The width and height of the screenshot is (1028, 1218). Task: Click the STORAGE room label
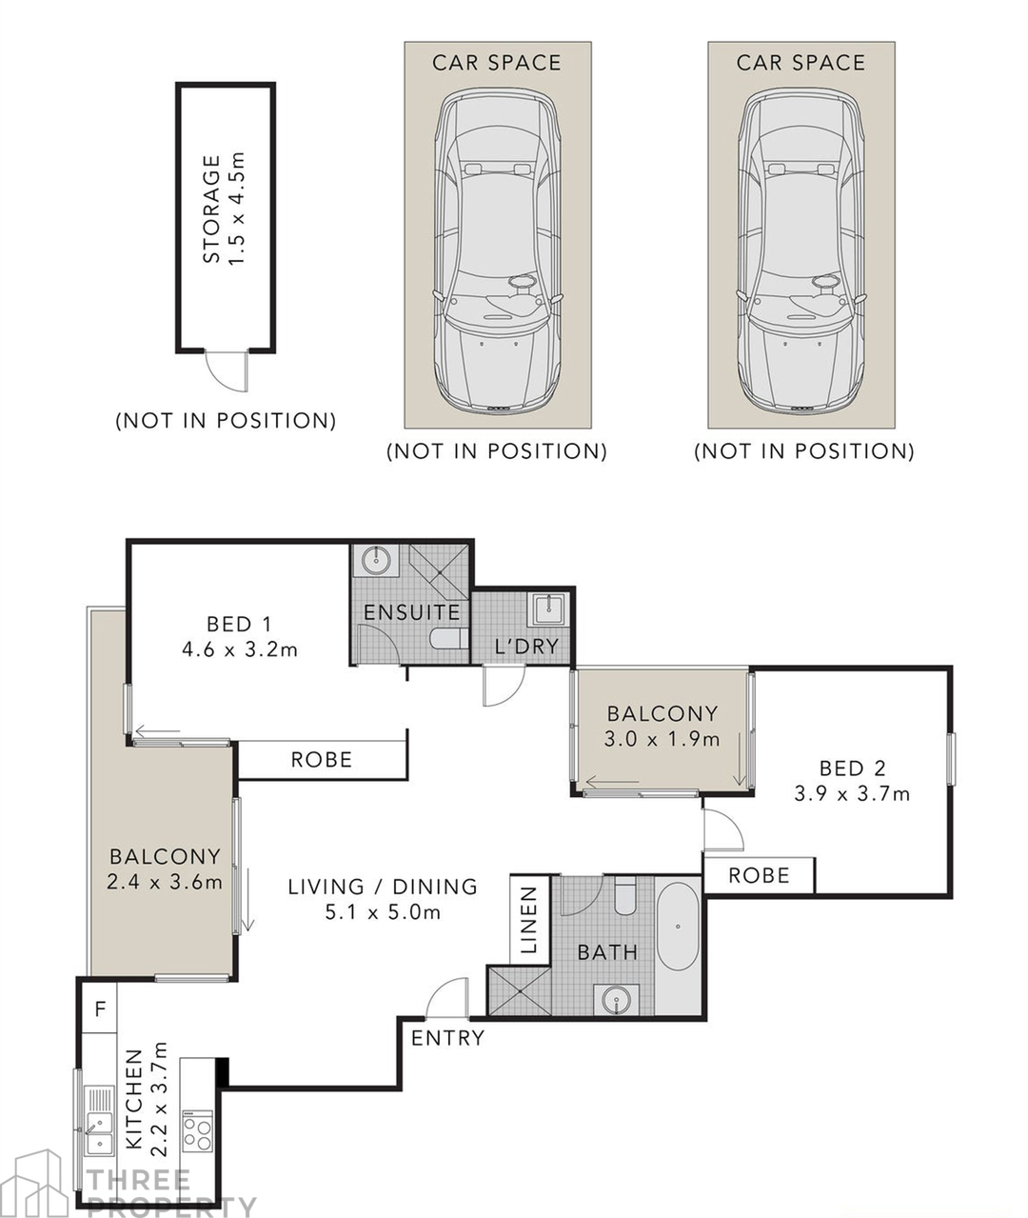coord(211,209)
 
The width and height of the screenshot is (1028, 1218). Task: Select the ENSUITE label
coord(412,612)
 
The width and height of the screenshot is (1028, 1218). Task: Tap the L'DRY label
coord(526,647)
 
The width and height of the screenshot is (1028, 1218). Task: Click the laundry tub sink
coord(547,609)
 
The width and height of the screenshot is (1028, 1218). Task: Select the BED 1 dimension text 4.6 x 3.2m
coord(240,649)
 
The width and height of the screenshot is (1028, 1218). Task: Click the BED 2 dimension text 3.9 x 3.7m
coord(852,794)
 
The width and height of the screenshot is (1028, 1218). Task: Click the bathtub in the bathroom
coord(678,928)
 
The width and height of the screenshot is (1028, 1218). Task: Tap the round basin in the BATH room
coord(617,1001)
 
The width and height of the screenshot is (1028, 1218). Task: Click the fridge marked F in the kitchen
coord(100,1008)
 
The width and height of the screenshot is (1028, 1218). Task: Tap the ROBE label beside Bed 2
coord(759,875)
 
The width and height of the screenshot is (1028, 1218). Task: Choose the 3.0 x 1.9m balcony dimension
coord(662,740)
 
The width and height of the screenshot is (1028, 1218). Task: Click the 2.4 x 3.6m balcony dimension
coord(165,882)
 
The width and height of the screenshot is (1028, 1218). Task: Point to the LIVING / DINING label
coord(383,887)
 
